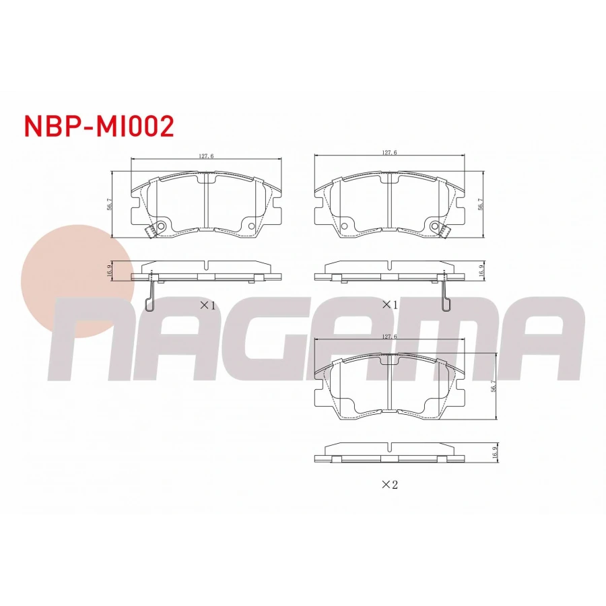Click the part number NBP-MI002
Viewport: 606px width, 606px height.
pos(99,126)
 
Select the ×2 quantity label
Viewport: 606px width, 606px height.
pos(389,484)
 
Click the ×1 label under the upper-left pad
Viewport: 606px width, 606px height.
pos(207,306)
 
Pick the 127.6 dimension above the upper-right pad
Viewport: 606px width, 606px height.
pos(390,153)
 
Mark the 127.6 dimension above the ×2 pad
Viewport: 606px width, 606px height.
pos(390,337)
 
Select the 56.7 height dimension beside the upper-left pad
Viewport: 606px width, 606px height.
pos(109,204)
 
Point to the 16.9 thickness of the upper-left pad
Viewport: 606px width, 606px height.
pos(109,271)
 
